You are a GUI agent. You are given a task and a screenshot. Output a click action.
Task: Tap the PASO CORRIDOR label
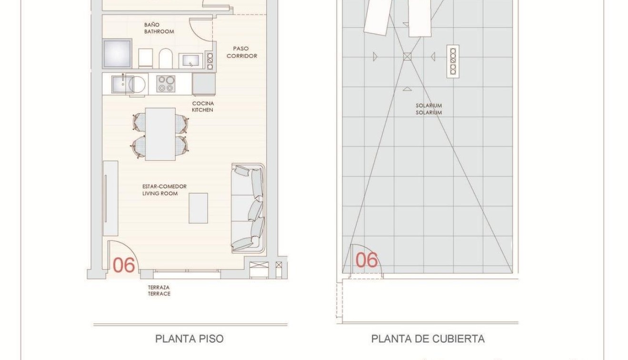[241, 52]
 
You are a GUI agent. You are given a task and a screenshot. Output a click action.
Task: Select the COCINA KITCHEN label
[203, 107]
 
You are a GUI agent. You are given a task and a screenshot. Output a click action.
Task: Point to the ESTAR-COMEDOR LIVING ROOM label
[164, 190]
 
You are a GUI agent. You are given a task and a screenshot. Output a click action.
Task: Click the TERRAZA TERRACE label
[159, 290]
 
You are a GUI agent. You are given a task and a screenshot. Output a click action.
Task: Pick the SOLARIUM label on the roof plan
[429, 109]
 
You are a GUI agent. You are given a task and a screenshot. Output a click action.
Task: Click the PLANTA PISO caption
[189, 339]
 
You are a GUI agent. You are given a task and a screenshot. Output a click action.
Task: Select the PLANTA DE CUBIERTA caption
[428, 339]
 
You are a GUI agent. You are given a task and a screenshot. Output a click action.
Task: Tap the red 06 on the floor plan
[124, 265]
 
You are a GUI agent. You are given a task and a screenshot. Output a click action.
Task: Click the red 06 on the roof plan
[367, 260]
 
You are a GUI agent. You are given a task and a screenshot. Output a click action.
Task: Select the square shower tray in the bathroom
[117, 53]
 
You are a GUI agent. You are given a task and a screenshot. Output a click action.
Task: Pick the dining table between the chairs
[160, 134]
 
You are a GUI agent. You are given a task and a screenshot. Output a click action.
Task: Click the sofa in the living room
[249, 207]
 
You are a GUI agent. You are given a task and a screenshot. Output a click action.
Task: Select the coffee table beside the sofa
[198, 208]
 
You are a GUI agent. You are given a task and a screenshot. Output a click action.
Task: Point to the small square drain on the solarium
[407, 57]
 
